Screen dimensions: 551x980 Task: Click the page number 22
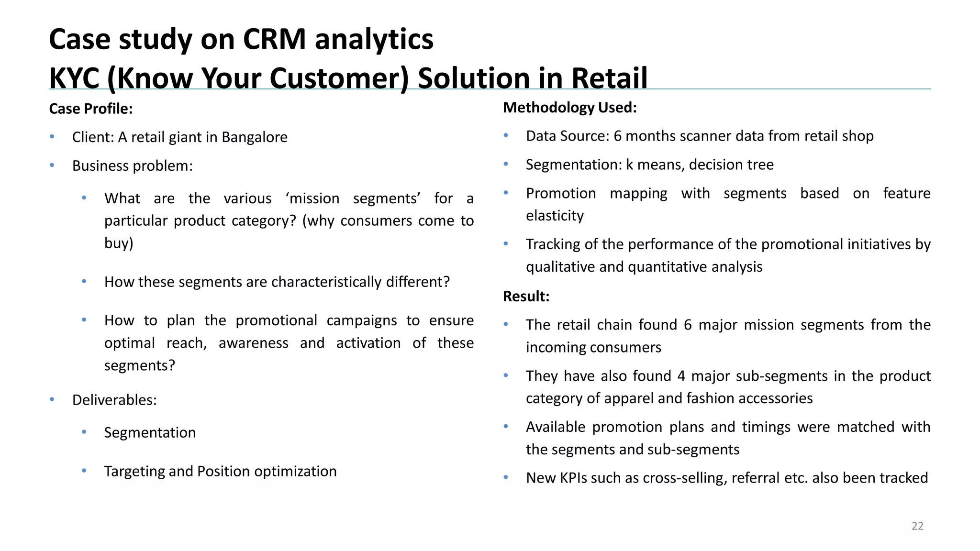pos(917,526)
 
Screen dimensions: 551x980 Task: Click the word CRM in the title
pos(274,39)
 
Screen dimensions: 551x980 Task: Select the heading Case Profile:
pos(90,109)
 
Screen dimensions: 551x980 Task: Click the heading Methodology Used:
pos(569,108)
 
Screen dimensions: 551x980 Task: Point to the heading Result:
pos(526,296)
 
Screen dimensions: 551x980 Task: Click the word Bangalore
pos(254,137)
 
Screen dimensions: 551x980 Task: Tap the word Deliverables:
pos(114,400)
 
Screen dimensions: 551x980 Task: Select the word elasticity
pos(555,216)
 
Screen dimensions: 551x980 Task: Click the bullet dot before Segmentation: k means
pos(506,164)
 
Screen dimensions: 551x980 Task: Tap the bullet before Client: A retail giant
pos(52,137)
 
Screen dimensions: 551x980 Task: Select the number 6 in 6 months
pos(617,136)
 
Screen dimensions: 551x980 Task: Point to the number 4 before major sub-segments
pos(681,376)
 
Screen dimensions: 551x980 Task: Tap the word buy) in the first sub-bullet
pos(119,243)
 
